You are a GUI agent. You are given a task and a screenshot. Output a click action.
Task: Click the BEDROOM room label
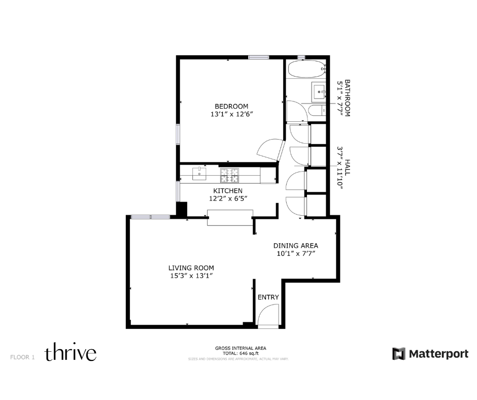(x=231, y=106)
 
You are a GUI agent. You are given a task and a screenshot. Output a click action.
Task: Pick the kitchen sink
(x=201, y=175)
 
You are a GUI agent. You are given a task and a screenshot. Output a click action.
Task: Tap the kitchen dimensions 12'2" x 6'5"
(x=228, y=199)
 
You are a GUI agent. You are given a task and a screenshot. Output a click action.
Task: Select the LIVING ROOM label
(x=191, y=268)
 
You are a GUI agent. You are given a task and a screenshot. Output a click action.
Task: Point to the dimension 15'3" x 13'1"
(x=191, y=276)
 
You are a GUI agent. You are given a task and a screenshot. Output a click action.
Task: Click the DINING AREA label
(x=296, y=245)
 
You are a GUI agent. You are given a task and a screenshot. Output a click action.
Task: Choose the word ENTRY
(x=268, y=297)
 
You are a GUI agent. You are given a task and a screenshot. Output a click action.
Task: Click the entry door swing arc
(x=268, y=315)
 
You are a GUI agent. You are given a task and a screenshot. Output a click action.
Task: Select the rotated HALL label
(x=348, y=167)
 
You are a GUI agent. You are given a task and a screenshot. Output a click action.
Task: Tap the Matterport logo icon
(x=399, y=354)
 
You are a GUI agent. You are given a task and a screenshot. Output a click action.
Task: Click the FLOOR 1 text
(x=22, y=357)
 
